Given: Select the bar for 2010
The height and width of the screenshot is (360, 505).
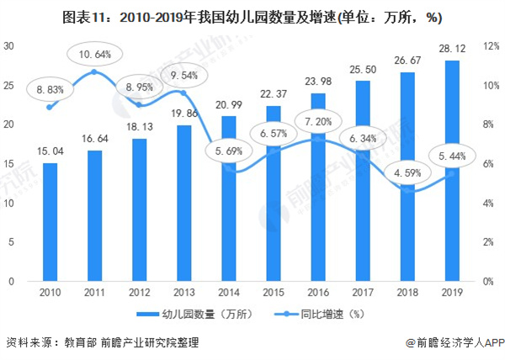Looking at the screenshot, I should point(50,222).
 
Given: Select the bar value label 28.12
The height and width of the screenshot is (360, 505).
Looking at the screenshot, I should point(451,50).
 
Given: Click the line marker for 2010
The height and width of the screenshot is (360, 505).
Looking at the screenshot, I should point(50,107).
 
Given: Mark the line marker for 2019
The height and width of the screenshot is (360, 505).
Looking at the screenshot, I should point(451,173).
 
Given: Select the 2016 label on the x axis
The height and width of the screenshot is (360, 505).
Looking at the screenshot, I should point(317,294).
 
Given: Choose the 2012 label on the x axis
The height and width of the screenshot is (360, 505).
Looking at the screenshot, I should point(140,294).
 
